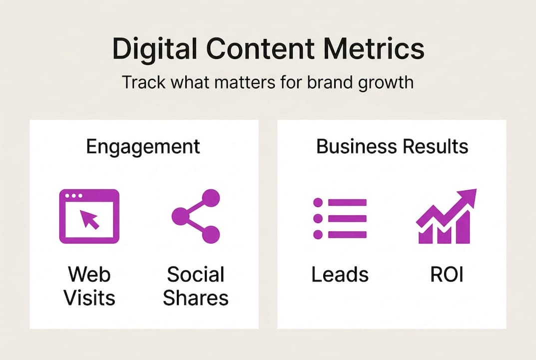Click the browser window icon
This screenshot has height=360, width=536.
tap(89, 216)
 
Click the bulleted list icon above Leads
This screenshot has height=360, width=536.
tap(339, 218)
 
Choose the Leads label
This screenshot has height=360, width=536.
tap(340, 274)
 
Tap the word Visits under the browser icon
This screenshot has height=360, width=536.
tap(89, 298)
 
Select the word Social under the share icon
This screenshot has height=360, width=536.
tap(196, 274)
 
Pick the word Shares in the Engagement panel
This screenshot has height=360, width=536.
tap(196, 298)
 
